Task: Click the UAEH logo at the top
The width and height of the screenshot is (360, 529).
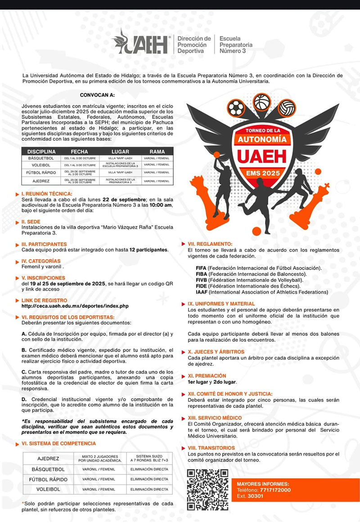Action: pyautogui.click(x=140, y=42)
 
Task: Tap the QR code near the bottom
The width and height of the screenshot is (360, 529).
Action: pyautogui.click(x=207, y=489)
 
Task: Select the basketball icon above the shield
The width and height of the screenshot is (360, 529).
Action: pyautogui.click(x=261, y=102)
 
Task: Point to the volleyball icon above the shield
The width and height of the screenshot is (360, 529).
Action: pyautogui.click(x=286, y=108)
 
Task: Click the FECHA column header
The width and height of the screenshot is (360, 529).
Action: pyautogui.click(x=79, y=152)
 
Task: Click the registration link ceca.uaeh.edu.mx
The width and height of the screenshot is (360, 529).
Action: pyautogui.click(x=75, y=306)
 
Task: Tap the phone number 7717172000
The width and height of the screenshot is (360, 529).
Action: pyautogui.click(x=274, y=490)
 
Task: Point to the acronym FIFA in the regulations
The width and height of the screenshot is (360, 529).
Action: pyautogui.click(x=201, y=268)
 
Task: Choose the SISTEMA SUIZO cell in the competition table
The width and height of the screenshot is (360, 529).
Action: pyautogui.click(x=149, y=458)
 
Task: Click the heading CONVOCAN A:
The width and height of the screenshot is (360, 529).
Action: pyautogui.click(x=97, y=95)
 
